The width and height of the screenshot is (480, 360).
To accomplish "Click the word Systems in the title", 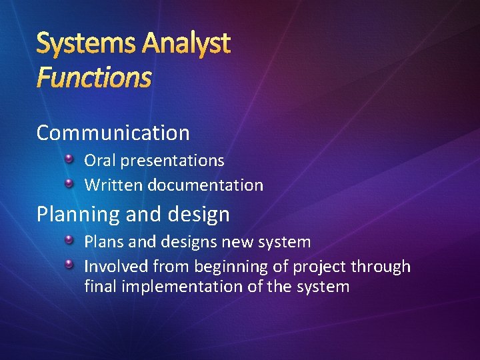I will pyautogui.click(x=85, y=44).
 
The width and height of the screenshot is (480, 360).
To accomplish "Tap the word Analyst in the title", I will pyautogui.click(x=186, y=44).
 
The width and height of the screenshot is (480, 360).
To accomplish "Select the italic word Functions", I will pyautogui.click(x=94, y=77).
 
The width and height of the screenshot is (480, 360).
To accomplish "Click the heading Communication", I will pyautogui.click(x=113, y=133).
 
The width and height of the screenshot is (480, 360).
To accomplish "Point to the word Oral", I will pyautogui.click(x=98, y=161).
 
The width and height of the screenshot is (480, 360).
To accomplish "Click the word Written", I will pyautogui.click(x=113, y=185).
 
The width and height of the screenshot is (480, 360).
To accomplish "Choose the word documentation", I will pyautogui.click(x=206, y=185).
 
